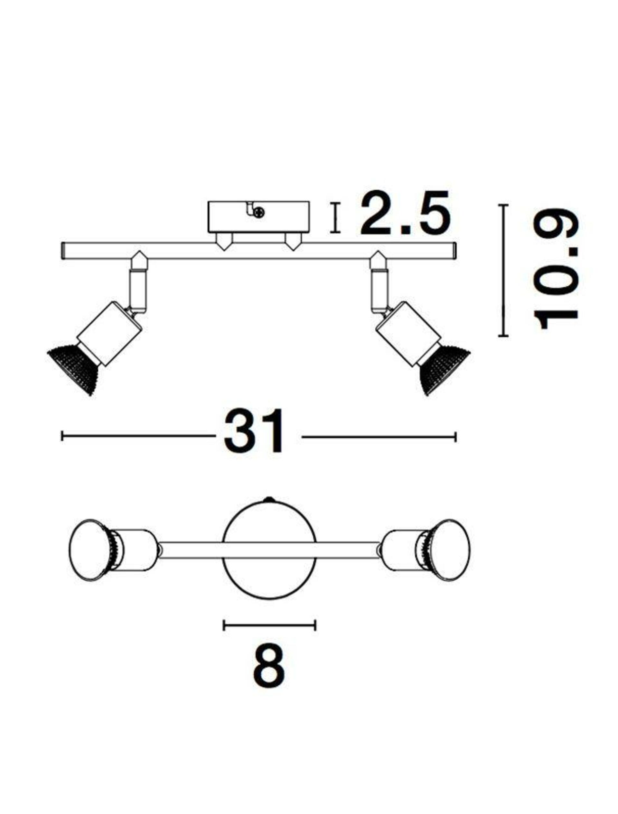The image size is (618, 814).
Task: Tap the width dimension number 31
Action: point(254,431)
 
